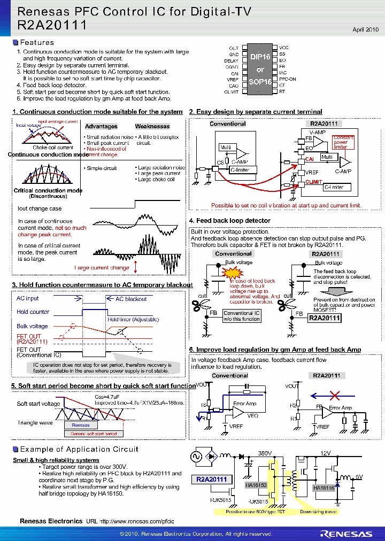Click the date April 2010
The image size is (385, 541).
(366, 29)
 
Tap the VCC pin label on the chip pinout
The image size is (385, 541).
(284, 48)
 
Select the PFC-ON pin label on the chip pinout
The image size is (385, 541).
(288, 79)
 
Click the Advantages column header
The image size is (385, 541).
(101, 127)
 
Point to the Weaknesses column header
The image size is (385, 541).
(152, 127)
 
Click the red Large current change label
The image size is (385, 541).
(102, 268)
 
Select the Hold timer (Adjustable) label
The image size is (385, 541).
(133, 319)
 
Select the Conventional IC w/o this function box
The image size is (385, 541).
(241, 316)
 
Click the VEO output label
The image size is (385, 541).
(252, 415)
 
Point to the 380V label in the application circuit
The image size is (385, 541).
(266, 453)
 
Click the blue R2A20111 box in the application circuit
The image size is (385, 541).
(211, 480)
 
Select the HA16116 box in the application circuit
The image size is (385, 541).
(324, 488)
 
